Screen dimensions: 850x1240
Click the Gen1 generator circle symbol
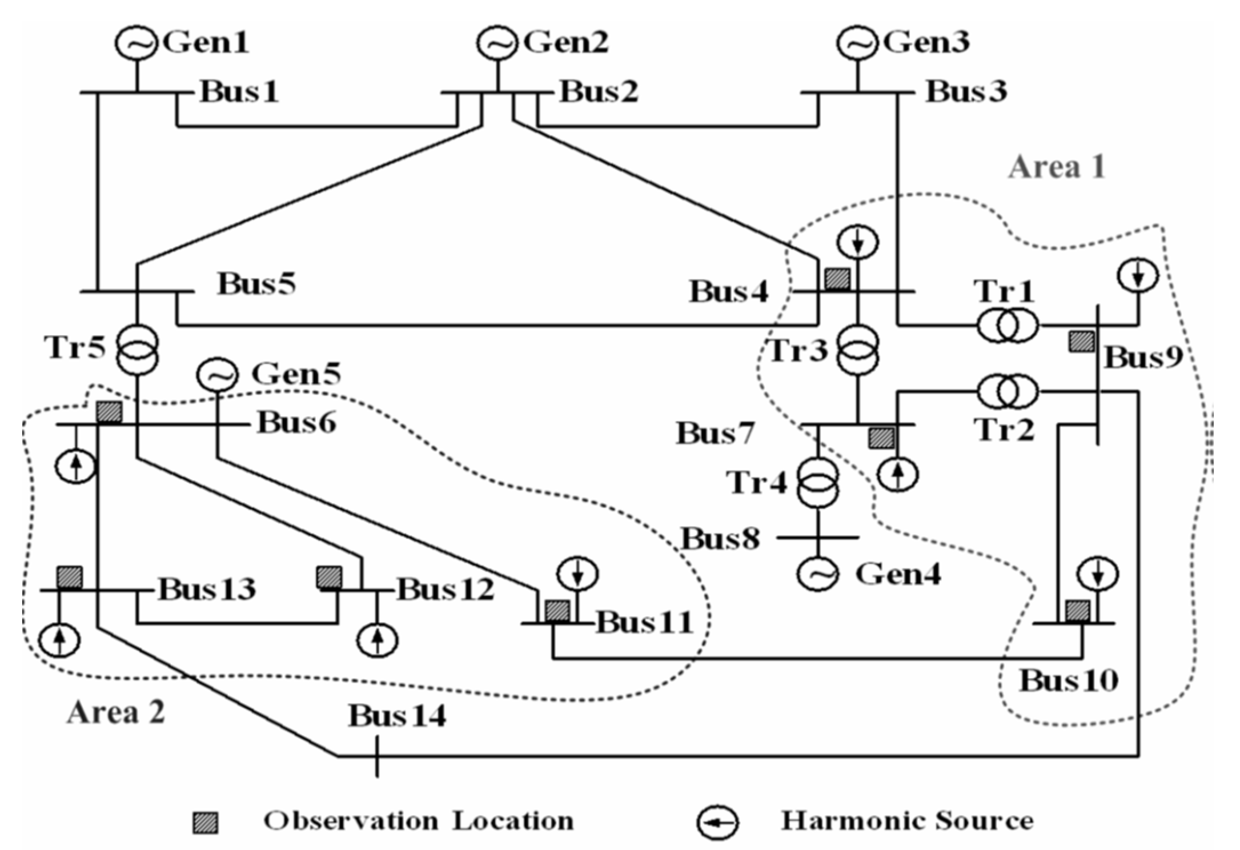click(x=136, y=43)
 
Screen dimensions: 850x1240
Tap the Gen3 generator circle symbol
click(x=857, y=43)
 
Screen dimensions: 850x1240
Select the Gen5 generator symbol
click(x=216, y=375)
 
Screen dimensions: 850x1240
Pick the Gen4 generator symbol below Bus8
click(x=818, y=574)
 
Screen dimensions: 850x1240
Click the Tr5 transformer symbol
click(x=137, y=350)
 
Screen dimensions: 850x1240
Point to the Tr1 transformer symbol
click(x=1007, y=326)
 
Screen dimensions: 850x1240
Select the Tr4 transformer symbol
click(x=818, y=483)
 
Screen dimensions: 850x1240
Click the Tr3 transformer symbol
click(x=858, y=350)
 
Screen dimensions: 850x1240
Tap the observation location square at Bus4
click(x=837, y=280)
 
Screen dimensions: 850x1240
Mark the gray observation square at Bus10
click(x=1078, y=611)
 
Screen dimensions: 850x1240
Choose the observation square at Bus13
click(x=69, y=578)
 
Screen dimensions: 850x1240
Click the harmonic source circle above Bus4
click(x=858, y=243)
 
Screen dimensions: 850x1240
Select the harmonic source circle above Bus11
click(x=577, y=573)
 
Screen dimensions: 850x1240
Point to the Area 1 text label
click(x=1057, y=167)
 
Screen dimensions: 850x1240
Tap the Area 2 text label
click(x=116, y=712)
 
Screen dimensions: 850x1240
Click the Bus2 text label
click(x=599, y=91)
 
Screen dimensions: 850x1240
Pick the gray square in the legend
click(x=204, y=823)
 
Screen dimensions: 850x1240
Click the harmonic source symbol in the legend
click(x=717, y=823)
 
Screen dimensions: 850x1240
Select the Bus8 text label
click(x=721, y=538)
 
